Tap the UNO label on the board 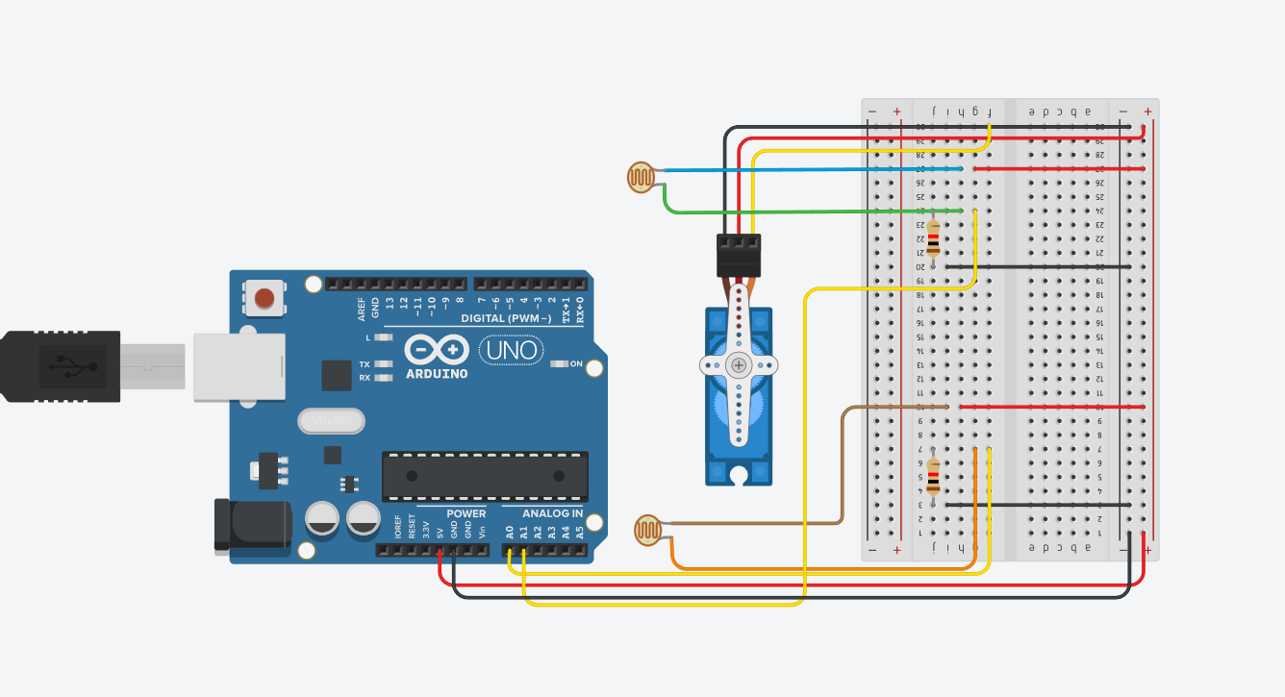coord(512,350)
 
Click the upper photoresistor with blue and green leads coord(641,177)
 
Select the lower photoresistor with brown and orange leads coord(648,530)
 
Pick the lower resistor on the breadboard coord(933,475)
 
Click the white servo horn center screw coord(739,364)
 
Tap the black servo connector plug coord(739,256)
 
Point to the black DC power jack coord(251,525)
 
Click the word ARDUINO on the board coord(437,373)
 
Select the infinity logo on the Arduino coord(437,348)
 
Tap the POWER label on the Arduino coord(466,513)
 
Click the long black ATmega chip coord(485,476)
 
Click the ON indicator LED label coord(577,363)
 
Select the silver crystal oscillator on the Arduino coord(332,420)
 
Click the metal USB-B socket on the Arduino coord(239,365)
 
